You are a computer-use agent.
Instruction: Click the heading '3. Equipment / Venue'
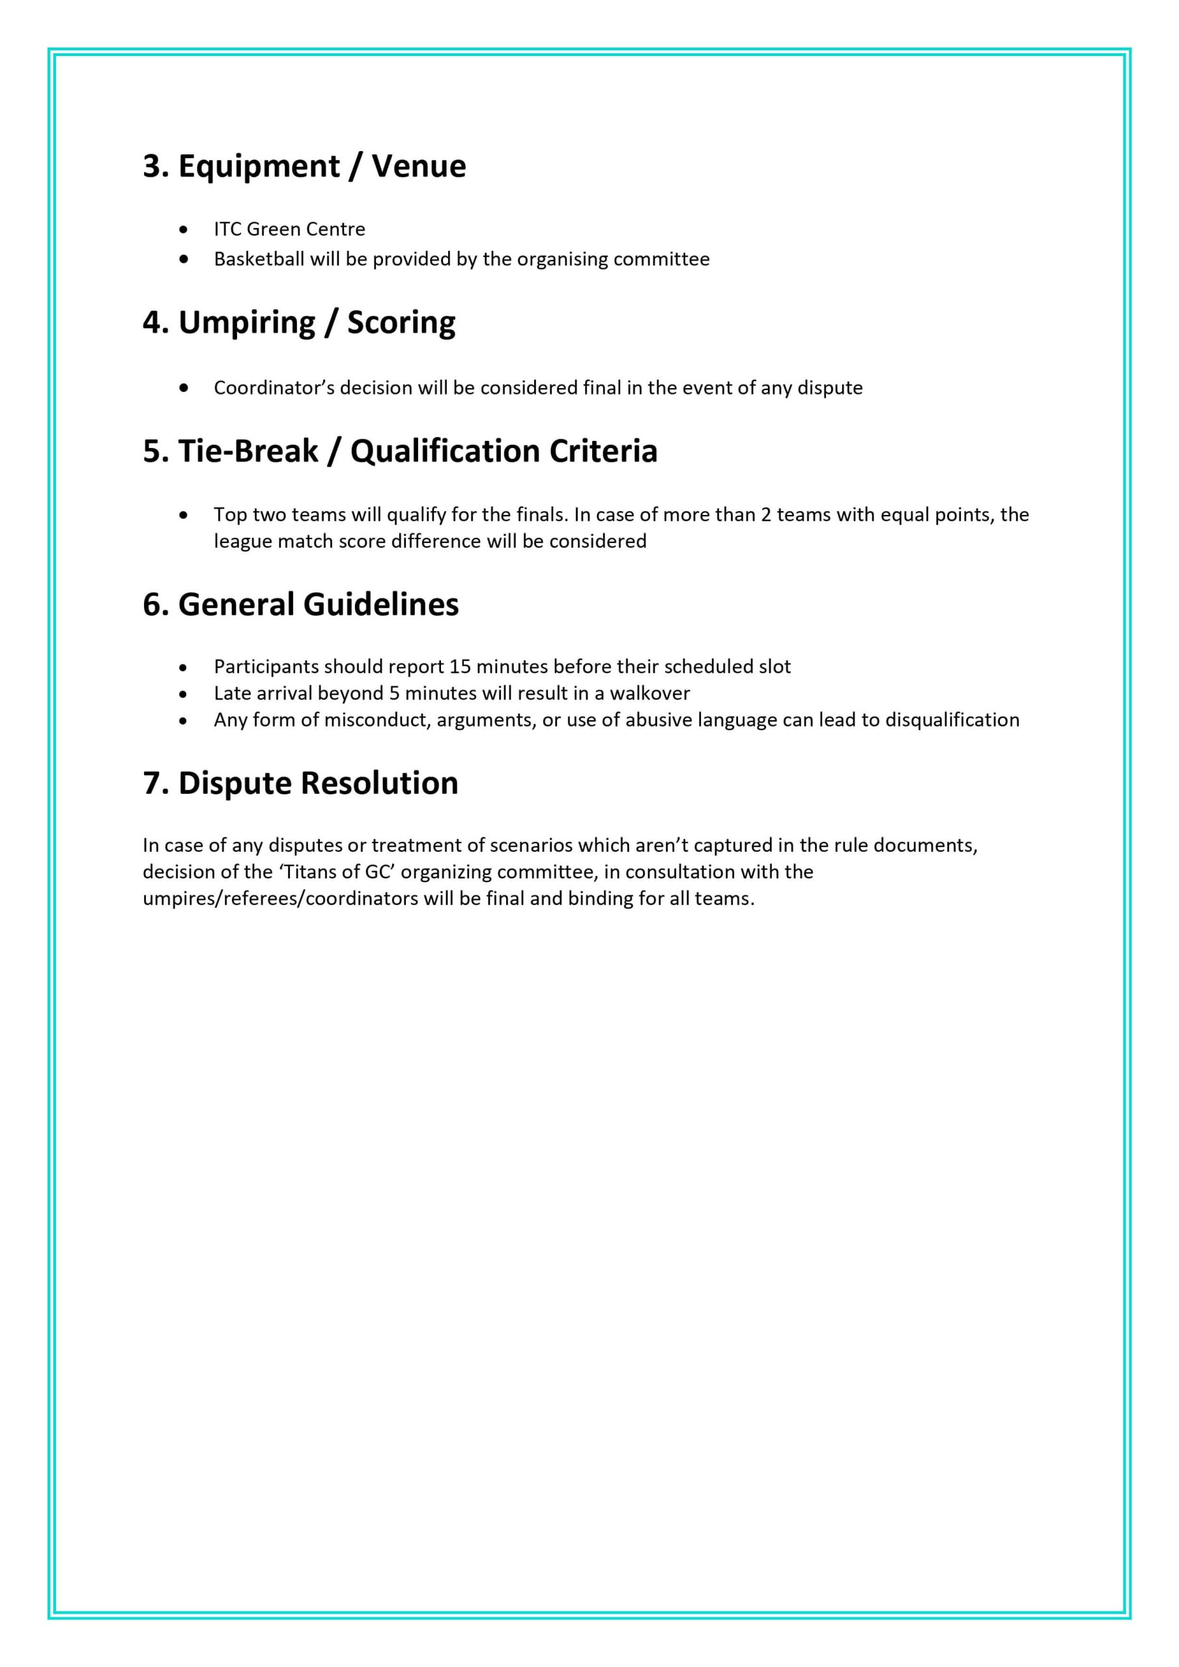click(x=304, y=166)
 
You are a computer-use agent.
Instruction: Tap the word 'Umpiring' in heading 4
click(x=247, y=322)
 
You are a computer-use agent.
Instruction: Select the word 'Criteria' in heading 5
click(x=603, y=451)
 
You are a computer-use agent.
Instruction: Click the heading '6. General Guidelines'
click(x=300, y=604)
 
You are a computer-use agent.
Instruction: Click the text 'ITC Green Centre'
click(x=289, y=229)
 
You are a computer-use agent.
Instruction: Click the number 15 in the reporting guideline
click(x=461, y=667)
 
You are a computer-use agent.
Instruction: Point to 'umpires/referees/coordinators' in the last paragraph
click(x=279, y=899)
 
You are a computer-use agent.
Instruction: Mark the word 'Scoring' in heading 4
click(x=401, y=322)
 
